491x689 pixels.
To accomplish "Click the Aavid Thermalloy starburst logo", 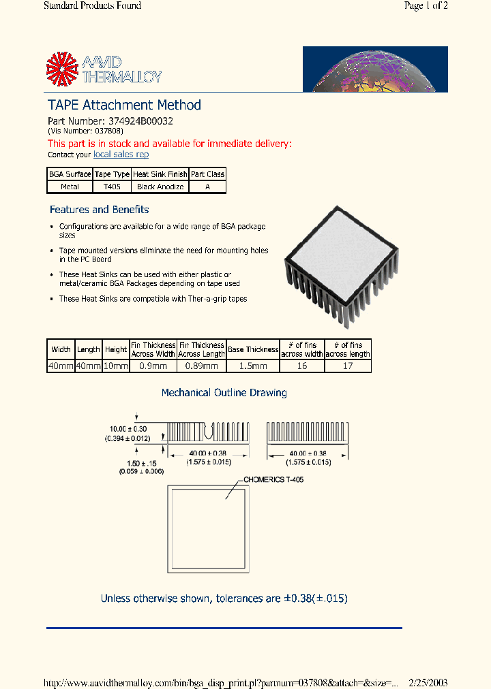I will [63, 69].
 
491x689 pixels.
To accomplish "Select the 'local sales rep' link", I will [121, 155].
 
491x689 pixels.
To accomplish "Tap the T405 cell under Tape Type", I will [111, 187].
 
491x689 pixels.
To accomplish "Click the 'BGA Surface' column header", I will [70, 174].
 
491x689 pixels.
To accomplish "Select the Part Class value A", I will [207, 187].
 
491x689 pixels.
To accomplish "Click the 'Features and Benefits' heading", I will [99, 210].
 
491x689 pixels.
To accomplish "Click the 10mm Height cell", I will [116, 366].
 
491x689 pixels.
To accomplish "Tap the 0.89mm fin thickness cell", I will [202, 366].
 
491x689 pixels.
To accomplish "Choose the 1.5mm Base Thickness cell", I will [253, 366].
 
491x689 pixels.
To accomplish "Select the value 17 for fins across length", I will [348, 366].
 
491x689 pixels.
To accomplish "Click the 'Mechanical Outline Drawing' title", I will [224, 393].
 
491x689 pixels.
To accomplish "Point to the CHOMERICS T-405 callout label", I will [273, 480].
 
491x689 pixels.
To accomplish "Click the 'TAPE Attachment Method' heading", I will [124, 105].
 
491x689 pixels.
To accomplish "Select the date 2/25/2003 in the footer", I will [428, 682].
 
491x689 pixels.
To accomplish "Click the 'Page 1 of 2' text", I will [426, 6].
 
